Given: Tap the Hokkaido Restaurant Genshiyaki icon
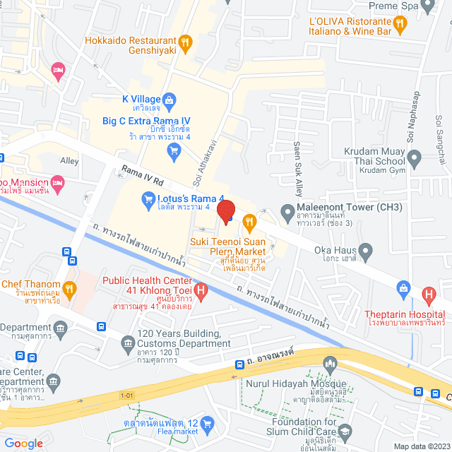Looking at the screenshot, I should click(x=185, y=44).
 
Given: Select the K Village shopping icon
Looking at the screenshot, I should click(x=169, y=99).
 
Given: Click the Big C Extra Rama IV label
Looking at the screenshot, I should click(x=146, y=121).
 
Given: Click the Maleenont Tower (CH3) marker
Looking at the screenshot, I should click(x=287, y=210).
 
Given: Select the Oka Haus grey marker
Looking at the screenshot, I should click(x=365, y=251).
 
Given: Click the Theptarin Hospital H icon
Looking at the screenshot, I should click(x=429, y=292).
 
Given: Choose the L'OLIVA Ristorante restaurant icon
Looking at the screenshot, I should click(x=400, y=25).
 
